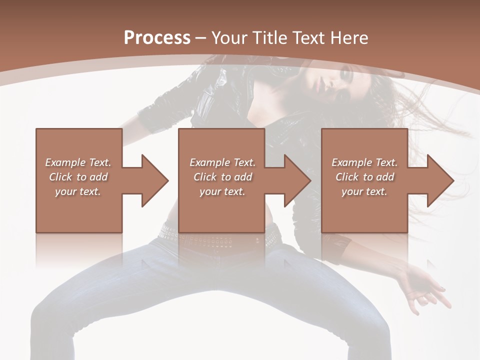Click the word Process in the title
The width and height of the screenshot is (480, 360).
click(157, 37)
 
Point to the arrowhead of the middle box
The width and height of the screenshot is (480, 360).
click(297, 180)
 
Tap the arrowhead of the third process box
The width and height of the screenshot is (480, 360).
click(440, 180)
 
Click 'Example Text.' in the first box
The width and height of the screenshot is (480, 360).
click(78, 162)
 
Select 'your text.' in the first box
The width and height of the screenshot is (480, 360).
click(78, 191)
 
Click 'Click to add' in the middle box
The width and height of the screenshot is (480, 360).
click(222, 177)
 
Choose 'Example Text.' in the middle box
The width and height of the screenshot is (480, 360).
click(222, 162)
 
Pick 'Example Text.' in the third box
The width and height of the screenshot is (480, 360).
click(364, 162)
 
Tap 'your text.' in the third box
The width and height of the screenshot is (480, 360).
click(364, 191)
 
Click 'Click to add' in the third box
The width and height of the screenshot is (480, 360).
click(364, 177)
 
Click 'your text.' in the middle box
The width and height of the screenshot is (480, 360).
click(222, 191)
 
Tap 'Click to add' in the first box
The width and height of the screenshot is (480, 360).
click(78, 177)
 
